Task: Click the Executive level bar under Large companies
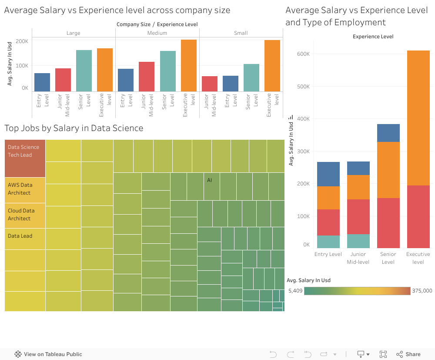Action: point(105,70)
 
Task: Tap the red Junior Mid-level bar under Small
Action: point(210,84)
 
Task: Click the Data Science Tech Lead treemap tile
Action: point(25,158)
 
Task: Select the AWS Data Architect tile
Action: point(25,190)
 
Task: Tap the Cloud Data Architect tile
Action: point(25,215)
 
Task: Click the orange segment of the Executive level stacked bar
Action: point(418,118)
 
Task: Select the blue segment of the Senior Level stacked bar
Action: point(388,133)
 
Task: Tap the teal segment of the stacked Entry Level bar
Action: point(328,242)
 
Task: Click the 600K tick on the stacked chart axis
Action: point(303,54)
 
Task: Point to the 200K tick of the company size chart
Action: point(22,41)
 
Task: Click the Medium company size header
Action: point(157,33)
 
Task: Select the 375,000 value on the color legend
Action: point(422,291)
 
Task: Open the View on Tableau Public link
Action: point(48,354)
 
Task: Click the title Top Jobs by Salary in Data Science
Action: point(74,128)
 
